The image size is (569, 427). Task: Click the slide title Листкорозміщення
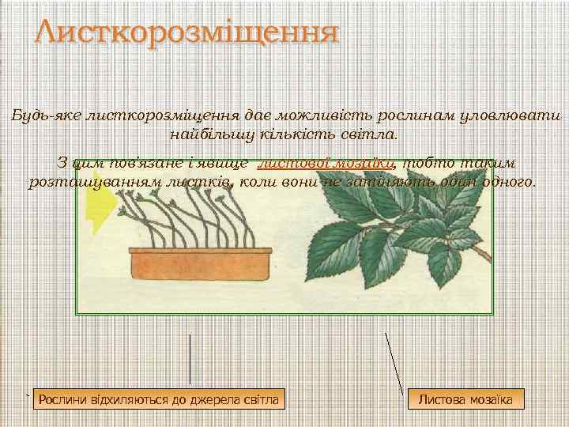coord(187,34)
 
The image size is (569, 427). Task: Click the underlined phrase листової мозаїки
coord(326,163)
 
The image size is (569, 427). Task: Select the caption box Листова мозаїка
coord(465,399)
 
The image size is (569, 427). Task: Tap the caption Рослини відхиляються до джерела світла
coord(159,399)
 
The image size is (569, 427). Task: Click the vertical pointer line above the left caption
coord(190,359)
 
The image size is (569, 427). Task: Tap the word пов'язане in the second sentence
coord(130,163)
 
